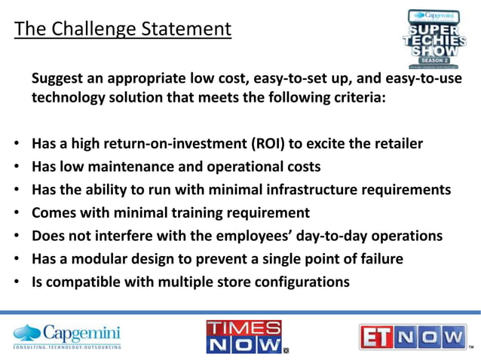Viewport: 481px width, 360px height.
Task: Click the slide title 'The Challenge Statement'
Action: click(x=123, y=30)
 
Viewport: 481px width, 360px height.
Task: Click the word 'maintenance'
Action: click(x=120, y=166)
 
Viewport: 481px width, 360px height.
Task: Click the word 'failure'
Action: click(x=379, y=260)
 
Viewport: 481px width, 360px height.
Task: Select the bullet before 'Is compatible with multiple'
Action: click(x=17, y=283)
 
